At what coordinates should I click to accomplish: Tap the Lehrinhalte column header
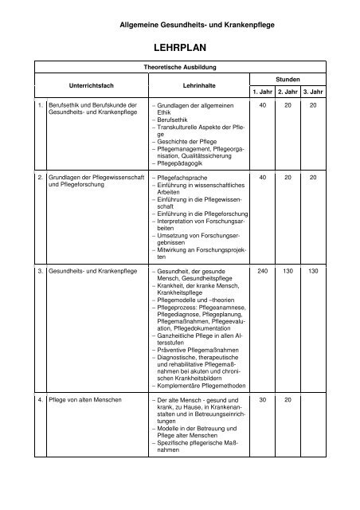click(191, 83)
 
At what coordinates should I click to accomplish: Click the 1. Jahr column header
click(261, 92)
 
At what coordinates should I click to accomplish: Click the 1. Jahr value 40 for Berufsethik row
click(261, 105)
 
